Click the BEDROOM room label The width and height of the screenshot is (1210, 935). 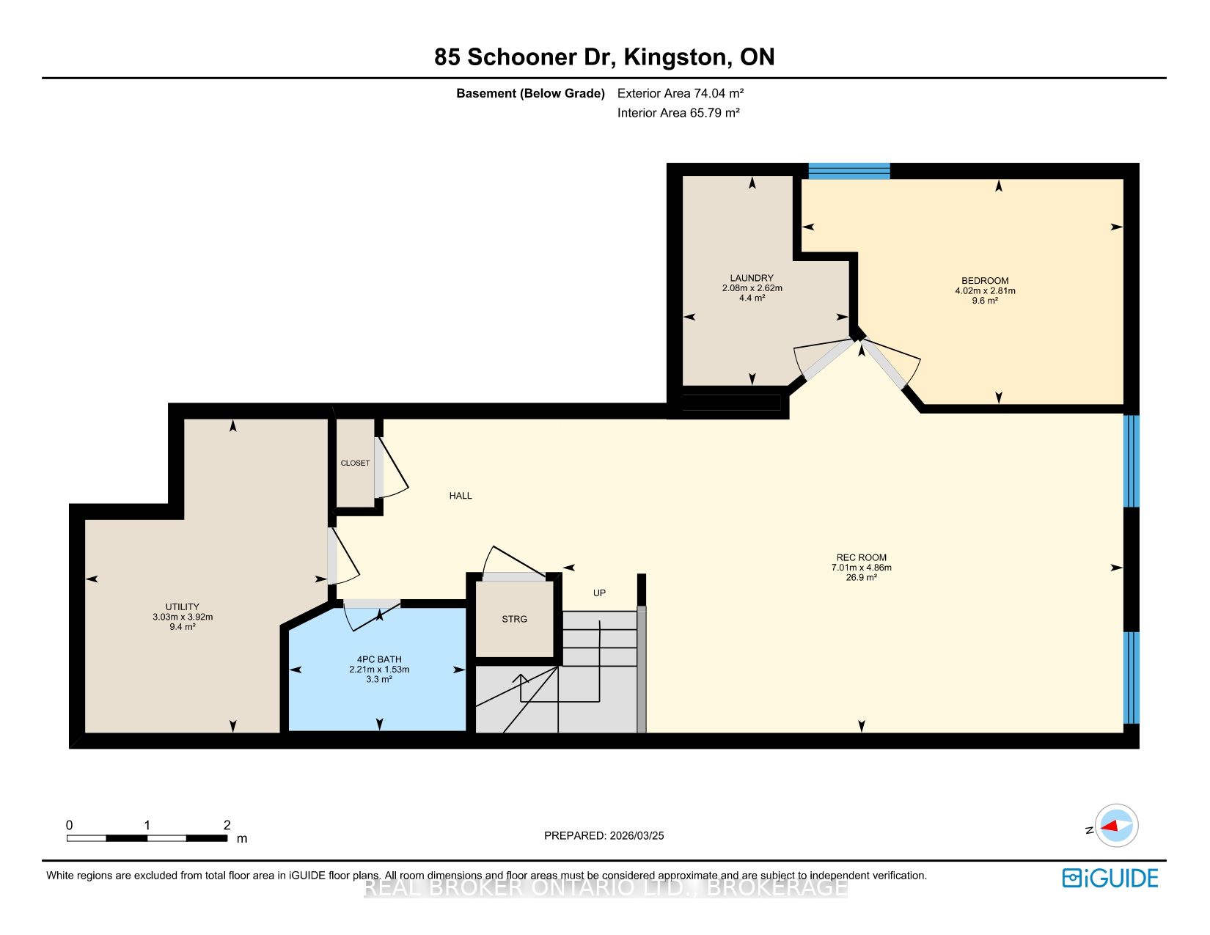click(x=984, y=281)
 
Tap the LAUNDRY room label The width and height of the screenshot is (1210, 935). click(x=752, y=278)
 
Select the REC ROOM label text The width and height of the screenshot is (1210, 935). click(x=861, y=557)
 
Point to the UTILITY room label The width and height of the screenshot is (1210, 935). click(x=182, y=607)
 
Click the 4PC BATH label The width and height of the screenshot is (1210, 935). click(x=379, y=659)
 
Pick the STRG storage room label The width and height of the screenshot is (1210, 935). click(x=515, y=619)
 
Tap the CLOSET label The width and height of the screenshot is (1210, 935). click(x=355, y=463)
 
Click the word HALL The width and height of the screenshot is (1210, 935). click(x=461, y=496)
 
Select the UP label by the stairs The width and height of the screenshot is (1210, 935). click(x=599, y=593)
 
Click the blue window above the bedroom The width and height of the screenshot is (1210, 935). click(x=849, y=171)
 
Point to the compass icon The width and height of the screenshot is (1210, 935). click(x=1116, y=825)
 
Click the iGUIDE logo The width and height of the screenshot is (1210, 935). click(x=1110, y=879)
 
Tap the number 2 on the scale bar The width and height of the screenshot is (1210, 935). click(x=227, y=825)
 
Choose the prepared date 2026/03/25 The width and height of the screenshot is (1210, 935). click(x=637, y=835)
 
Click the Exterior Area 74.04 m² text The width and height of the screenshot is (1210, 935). click(x=681, y=93)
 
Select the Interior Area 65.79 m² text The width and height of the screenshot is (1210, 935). click(x=678, y=112)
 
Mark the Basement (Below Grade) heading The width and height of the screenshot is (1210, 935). click(x=530, y=93)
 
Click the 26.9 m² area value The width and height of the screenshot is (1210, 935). click(x=862, y=577)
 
